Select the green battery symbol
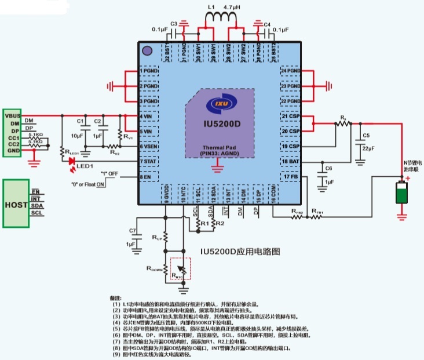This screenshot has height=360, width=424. tap(401, 193)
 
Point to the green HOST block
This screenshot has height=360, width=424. tap(16, 205)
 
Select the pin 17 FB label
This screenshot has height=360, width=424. tap(289, 177)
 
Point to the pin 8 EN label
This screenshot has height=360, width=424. tap(146, 176)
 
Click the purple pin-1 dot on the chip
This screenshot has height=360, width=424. tap(147, 50)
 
